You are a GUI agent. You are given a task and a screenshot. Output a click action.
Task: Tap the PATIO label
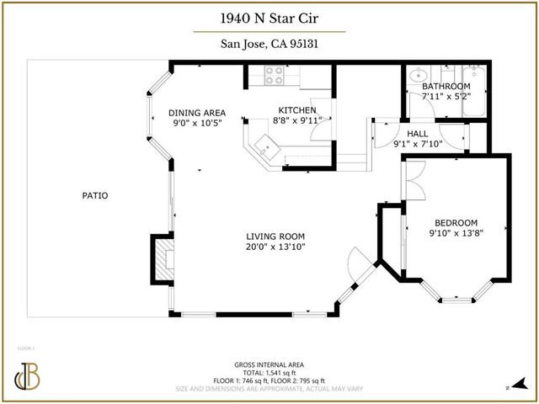coord(94,196)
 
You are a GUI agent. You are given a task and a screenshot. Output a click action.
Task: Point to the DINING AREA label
coord(195,113)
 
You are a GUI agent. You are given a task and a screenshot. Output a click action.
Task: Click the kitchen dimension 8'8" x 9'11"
coord(296,121)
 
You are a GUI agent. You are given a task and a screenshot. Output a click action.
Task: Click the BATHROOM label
coord(446,87)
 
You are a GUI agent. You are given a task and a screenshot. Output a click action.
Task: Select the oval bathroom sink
coord(414,80)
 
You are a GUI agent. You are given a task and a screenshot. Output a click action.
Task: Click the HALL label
coord(418,133)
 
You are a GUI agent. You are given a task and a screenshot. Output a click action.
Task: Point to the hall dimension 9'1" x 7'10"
coord(418,144)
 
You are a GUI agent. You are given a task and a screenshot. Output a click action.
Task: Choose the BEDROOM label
coord(455,222)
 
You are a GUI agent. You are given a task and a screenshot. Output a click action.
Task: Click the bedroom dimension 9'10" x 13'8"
coord(455,233)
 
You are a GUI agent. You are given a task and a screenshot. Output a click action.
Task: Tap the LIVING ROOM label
coord(275,237)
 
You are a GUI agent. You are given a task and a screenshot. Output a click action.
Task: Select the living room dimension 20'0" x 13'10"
coord(275,247)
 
